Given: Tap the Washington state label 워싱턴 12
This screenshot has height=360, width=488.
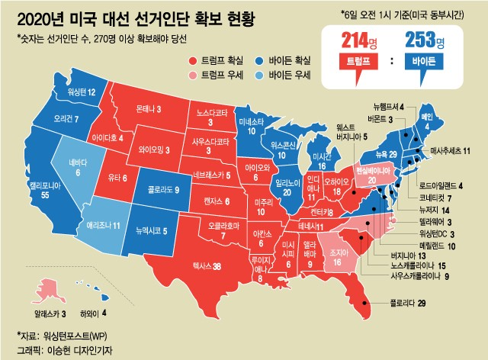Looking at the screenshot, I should click(81, 92).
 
